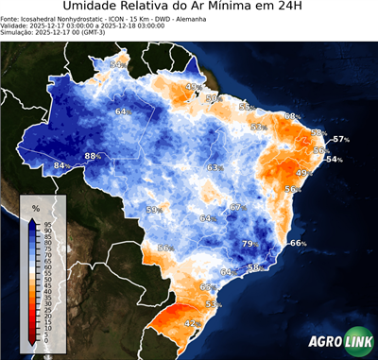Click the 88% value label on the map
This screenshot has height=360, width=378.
(93, 156)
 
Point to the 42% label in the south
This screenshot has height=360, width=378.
(191, 323)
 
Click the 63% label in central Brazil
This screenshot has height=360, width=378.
(215, 167)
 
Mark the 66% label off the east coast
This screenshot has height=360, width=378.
(298, 244)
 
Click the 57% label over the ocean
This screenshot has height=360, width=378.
(341, 140)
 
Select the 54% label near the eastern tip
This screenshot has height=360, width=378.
(334, 160)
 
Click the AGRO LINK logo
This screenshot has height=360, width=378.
(339, 341)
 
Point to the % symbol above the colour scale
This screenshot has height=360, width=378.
(35, 207)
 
